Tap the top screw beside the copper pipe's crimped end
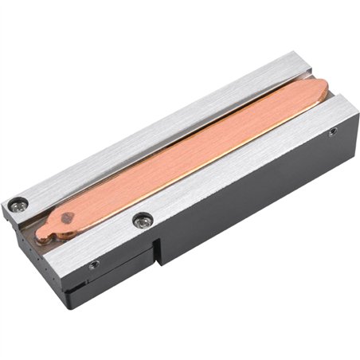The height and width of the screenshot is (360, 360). tap(142, 218)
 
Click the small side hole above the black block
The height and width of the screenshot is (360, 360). tap(95, 264)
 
